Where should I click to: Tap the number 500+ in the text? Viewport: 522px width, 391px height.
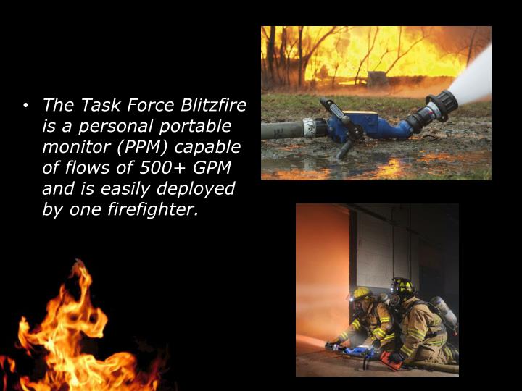(157, 169)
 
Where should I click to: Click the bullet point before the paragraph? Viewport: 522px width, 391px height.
(26, 106)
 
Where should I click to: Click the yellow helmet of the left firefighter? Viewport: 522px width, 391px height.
(363, 294)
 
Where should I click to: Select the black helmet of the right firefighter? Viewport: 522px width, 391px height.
(402, 285)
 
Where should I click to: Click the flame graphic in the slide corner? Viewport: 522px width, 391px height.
(72, 333)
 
